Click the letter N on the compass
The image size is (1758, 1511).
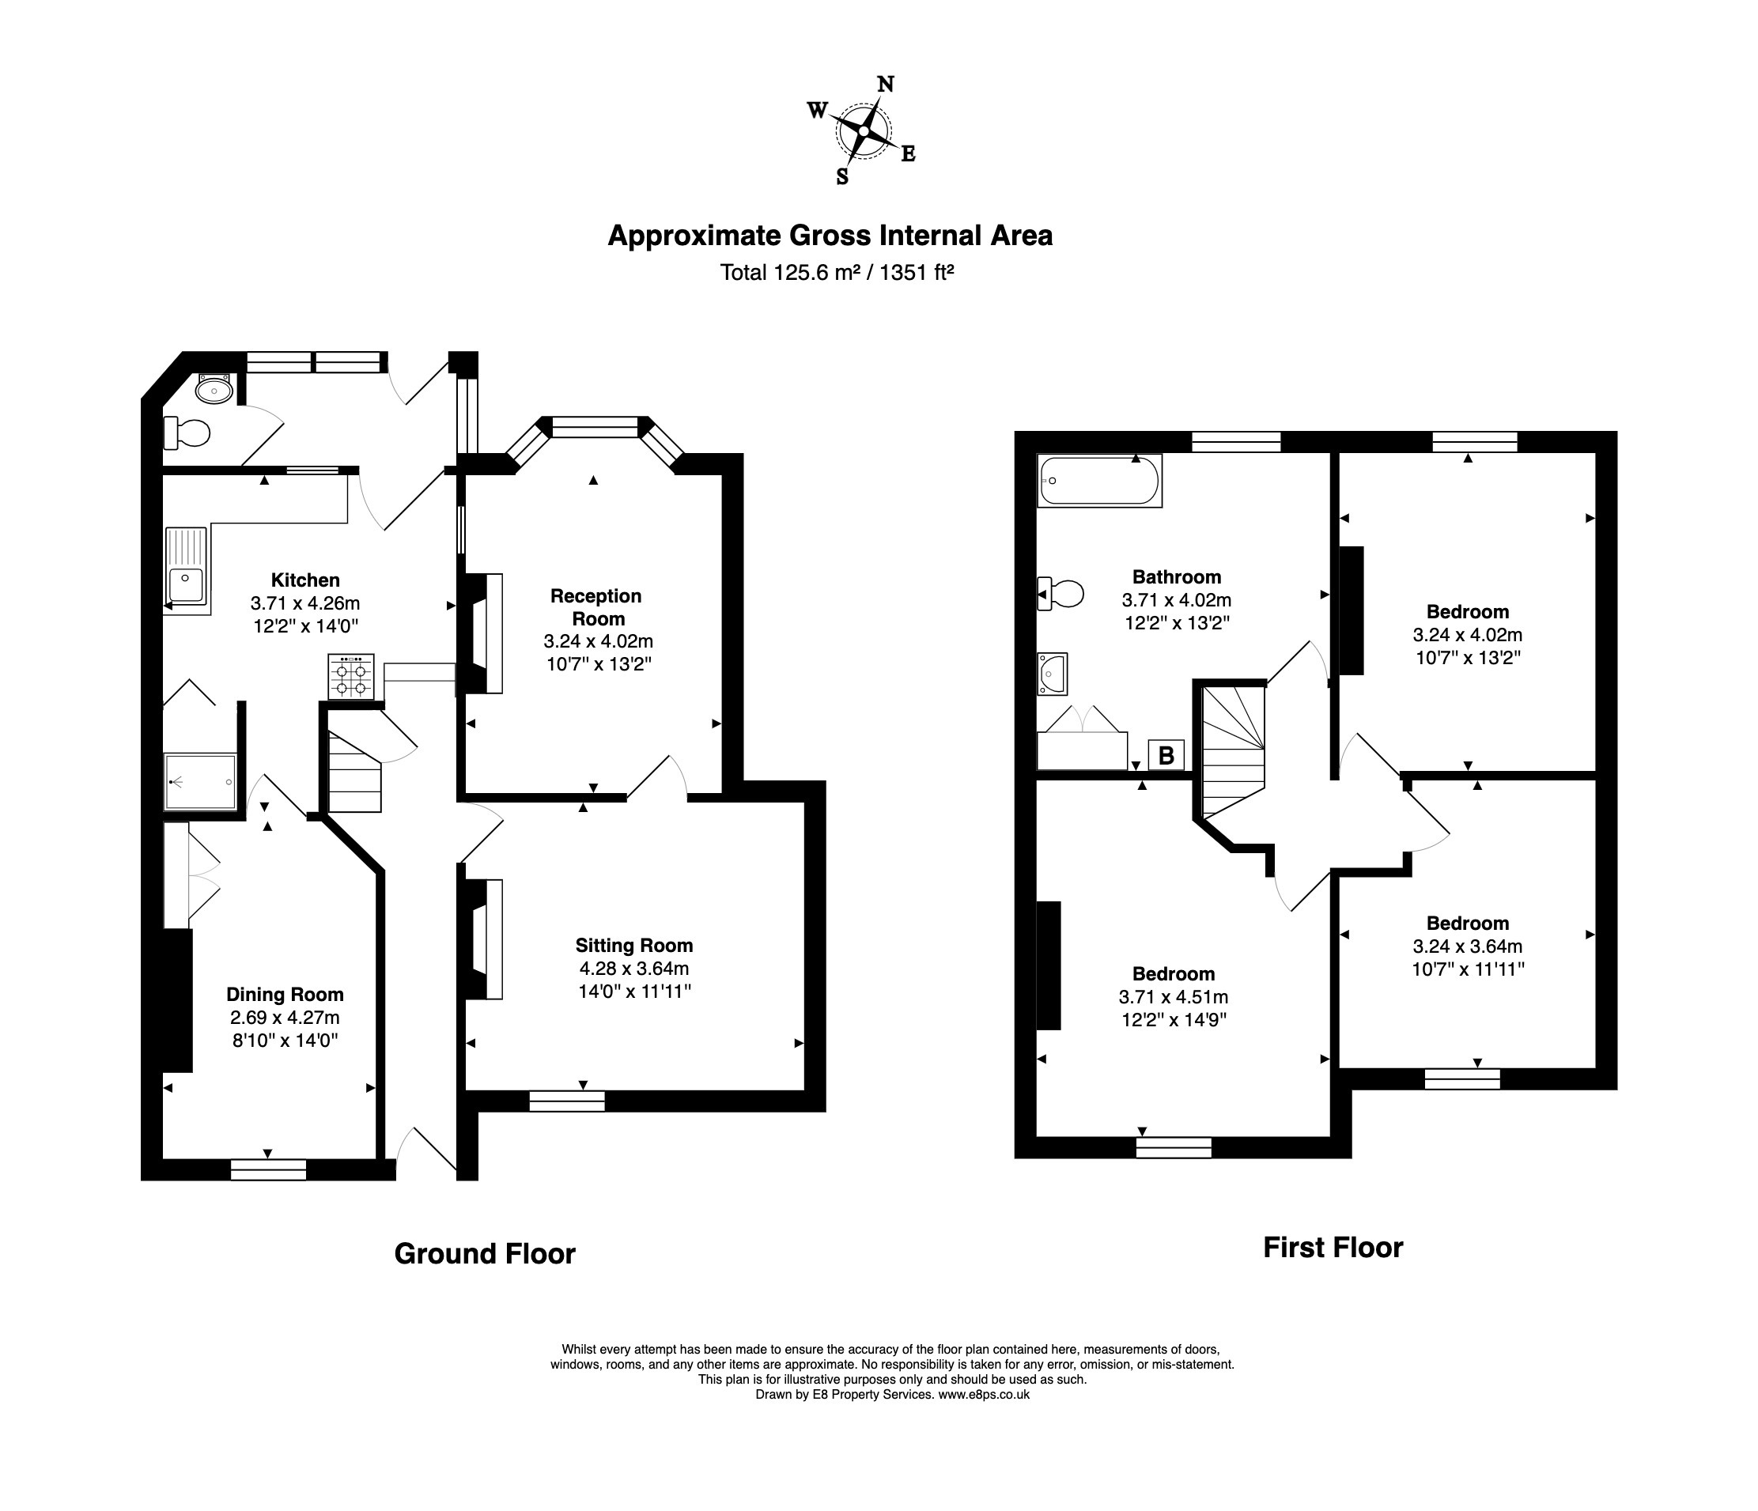click(x=885, y=84)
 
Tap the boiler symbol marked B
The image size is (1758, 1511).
click(x=1166, y=754)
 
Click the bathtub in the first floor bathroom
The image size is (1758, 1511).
click(x=1098, y=481)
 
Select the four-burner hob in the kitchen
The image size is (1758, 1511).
click(x=351, y=676)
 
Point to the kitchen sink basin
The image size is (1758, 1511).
click(x=187, y=585)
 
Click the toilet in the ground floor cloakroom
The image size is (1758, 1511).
click(x=187, y=433)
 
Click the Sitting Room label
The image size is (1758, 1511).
click(x=633, y=945)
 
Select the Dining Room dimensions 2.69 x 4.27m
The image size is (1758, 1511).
click(x=284, y=1018)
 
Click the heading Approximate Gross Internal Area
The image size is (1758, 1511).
click(x=830, y=235)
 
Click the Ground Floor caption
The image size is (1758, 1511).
click(x=485, y=1253)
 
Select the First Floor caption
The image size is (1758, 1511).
click(x=1333, y=1247)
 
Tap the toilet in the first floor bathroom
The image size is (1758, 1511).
click(x=1062, y=594)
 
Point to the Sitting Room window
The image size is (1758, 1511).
click(x=567, y=1101)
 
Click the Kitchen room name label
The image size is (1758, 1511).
click(x=305, y=580)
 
